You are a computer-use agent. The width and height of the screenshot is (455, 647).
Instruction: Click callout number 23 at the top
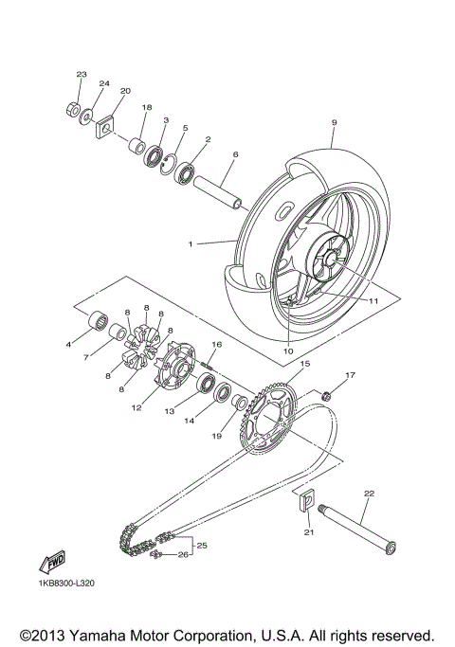pos(81,74)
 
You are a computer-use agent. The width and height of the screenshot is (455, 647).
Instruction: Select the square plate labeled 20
pos(105,125)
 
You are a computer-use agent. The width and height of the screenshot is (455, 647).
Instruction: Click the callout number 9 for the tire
pos(335,122)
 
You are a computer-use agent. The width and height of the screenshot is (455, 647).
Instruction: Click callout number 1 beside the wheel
pos(191,243)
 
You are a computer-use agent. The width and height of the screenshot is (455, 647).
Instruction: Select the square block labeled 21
pos(307,503)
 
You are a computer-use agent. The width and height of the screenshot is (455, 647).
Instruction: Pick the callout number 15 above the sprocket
pos(304,364)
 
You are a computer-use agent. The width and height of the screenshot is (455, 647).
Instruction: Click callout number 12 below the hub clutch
pos(136,408)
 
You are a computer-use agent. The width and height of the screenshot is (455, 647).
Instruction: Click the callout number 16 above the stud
pos(216,345)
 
